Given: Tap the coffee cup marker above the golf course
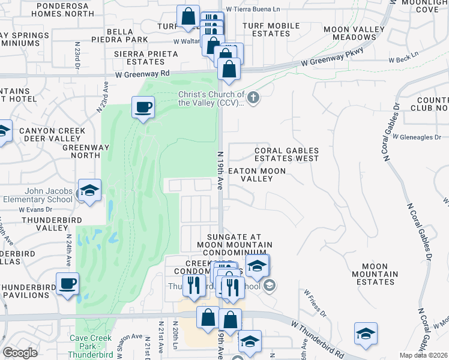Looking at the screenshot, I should tap(143, 109).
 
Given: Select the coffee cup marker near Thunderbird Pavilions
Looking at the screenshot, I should tap(67, 283).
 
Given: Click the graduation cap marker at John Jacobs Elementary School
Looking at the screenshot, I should tap(90, 191).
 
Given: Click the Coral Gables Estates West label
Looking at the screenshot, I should tap(286, 155).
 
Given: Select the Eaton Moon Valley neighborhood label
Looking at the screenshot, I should tap(257, 175).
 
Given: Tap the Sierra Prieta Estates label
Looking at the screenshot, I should tap(146, 58).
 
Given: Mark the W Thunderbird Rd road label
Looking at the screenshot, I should tap(319, 340).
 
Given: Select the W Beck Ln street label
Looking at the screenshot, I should tap(403, 60).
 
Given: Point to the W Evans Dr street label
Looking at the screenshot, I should tap(35, 210).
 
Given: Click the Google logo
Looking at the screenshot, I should tap(20, 353).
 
